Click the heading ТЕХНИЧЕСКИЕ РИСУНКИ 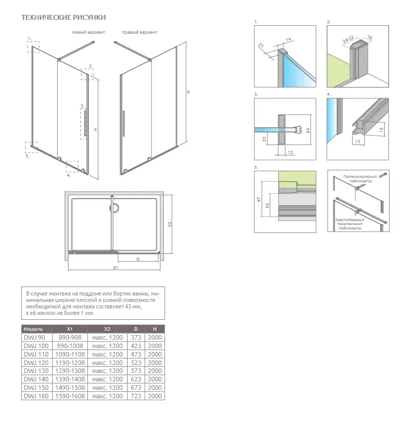(x=64, y=17)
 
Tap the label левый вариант (x=88, y=32)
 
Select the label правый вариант (x=139, y=32)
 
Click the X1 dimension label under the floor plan (x=116, y=267)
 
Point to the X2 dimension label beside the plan (x=170, y=224)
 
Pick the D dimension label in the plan (x=138, y=259)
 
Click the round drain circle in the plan (x=114, y=208)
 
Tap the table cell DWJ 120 (x=36, y=362)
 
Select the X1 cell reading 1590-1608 (x=70, y=396)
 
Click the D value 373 (x=136, y=338)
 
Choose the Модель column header (x=33, y=329)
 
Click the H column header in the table (x=155, y=329)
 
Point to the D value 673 (x=136, y=388)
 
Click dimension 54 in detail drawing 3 (x=308, y=130)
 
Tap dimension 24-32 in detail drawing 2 (x=348, y=40)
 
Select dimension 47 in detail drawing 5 (x=259, y=200)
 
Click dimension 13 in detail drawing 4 (x=357, y=142)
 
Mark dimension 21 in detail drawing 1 (x=261, y=45)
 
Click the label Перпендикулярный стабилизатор (x=360, y=179)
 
